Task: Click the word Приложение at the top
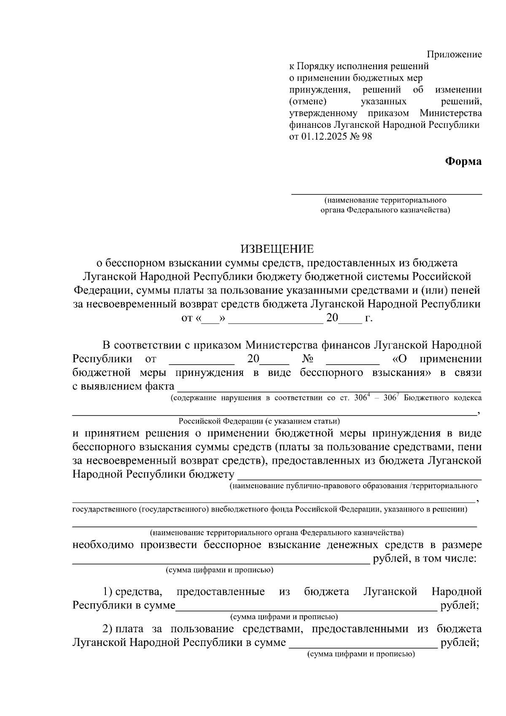pyautogui.click(x=454, y=54)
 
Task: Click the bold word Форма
pyautogui.click(x=463, y=161)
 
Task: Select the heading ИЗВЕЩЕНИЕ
pyautogui.click(x=277, y=249)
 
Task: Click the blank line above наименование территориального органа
pyautogui.click(x=387, y=193)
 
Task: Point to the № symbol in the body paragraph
pyautogui.click(x=307, y=359)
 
